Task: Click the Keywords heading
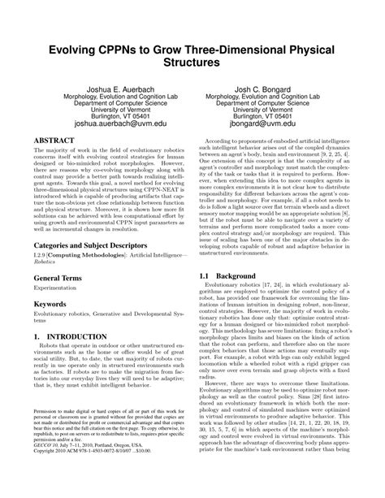click(47, 304)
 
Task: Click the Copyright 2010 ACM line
click(89, 477)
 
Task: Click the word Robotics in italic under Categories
click(38, 263)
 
